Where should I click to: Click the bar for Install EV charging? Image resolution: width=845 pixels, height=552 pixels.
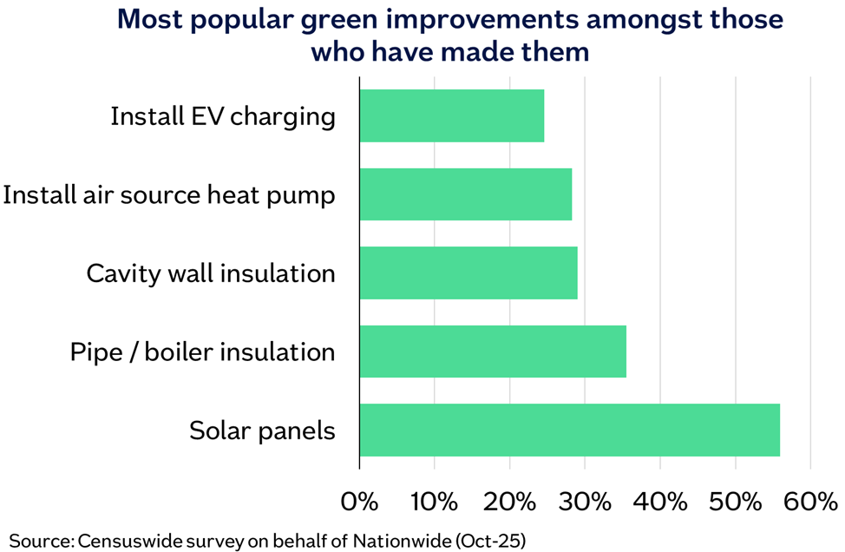[452, 116]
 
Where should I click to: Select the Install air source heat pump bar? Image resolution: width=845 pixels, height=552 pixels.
[466, 194]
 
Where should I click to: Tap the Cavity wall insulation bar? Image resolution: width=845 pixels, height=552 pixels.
[468, 273]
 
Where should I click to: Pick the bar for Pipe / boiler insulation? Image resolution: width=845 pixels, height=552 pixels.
[493, 352]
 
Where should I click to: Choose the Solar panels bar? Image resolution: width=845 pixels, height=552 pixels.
[570, 430]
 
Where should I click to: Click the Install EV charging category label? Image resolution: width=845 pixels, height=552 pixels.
[223, 117]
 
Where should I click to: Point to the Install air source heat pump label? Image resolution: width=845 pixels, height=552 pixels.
[169, 195]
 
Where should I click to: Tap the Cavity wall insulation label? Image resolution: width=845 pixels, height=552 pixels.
[211, 273]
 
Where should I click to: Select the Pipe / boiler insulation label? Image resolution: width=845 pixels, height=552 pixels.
[203, 352]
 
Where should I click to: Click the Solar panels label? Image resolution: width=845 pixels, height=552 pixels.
[263, 430]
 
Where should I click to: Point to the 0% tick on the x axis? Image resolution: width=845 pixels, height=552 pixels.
[359, 502]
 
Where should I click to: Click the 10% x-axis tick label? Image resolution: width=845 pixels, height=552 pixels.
[435, 502]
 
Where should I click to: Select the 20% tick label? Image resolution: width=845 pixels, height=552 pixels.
[510, 502]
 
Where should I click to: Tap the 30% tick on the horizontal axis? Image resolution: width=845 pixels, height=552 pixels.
[585, 502]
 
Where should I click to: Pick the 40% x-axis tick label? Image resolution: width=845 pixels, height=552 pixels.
[660, 502]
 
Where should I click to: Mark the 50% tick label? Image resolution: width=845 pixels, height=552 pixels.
[735, 502]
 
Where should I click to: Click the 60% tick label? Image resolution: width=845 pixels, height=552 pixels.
[810, 502]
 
